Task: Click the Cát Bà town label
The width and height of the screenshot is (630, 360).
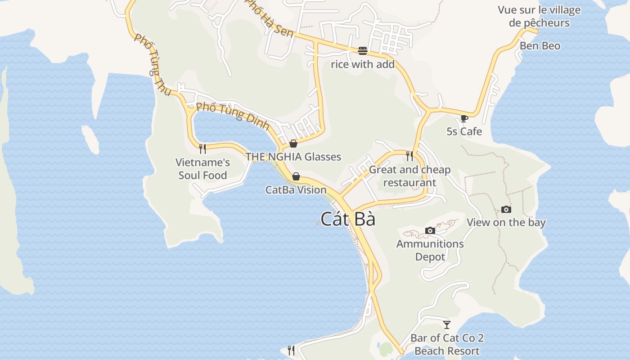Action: (348, 219)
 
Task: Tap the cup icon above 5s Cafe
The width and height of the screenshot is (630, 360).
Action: (464, 119)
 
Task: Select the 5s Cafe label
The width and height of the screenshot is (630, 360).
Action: (464, 131)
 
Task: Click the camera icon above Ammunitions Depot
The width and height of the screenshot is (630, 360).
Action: (430, 231)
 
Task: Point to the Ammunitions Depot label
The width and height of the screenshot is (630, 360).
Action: (430, 250)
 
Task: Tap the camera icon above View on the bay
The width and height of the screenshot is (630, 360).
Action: (506, 210)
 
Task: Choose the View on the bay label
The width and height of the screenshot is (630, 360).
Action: (506, 222)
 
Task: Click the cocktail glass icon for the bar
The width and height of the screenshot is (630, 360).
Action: (447, 324)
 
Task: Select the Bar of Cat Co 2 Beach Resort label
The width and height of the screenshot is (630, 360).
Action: (447, 344)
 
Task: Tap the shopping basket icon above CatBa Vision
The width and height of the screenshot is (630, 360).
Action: (296, 176)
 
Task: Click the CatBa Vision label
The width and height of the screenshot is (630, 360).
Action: (296, 189)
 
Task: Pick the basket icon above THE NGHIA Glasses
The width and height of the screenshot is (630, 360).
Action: (293, 144)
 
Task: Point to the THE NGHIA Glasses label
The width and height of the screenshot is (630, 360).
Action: (293, 157)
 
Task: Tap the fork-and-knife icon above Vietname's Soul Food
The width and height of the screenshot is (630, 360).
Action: (202, 148)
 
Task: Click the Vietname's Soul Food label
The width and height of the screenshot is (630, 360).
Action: (202, 169)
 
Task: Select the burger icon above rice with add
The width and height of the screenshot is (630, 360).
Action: (363, 51)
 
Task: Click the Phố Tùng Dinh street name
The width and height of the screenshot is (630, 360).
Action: (233, 115)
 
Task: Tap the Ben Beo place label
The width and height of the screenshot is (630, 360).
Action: (540, 46)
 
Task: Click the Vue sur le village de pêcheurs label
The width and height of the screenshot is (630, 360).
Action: (539, 16)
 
